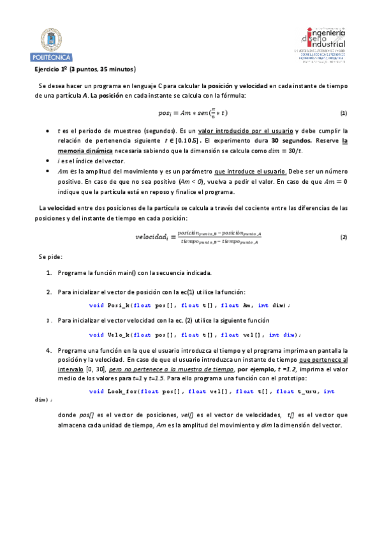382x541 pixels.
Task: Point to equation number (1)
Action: click(343, 113)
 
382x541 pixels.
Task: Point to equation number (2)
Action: click(343, 237)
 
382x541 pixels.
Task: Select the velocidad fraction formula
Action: click(198, 237)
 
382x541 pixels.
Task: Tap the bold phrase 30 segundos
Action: click(292, 140)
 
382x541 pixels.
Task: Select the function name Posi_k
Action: click(119, 305)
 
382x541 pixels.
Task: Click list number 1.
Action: click(49, 273)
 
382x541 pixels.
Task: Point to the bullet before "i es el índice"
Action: click(48, 161)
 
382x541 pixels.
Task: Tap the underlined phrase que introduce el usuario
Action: click(251, 171)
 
